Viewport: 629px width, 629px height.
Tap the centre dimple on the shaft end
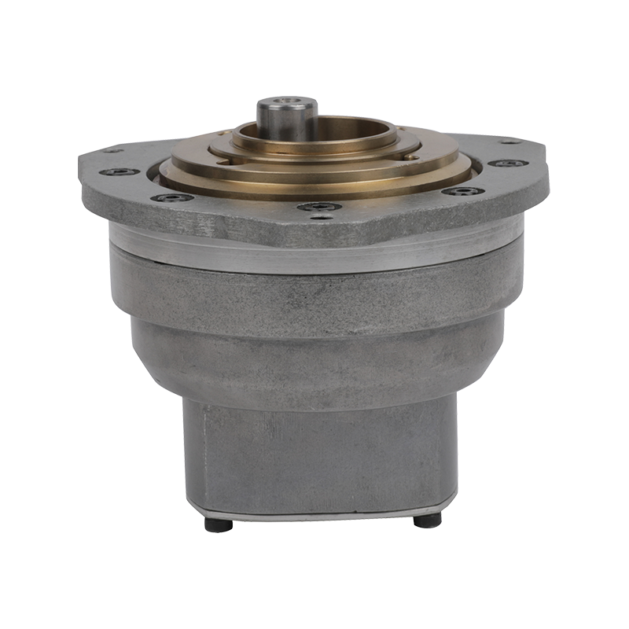[287, 101]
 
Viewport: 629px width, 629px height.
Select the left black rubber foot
[218, 524]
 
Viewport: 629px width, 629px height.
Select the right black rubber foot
[427, 520]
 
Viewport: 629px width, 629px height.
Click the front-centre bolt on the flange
[319, 207]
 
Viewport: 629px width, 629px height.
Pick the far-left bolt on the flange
[120, 171]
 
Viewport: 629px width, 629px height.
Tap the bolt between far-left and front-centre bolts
[172, 197]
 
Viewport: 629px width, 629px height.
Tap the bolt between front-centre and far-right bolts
[462, 191]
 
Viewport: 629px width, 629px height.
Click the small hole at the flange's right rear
[510, 142]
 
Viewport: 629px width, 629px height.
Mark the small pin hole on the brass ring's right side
[410, 156]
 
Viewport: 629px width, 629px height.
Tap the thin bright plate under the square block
[322, 511]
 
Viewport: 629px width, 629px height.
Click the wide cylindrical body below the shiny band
[314, 295]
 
